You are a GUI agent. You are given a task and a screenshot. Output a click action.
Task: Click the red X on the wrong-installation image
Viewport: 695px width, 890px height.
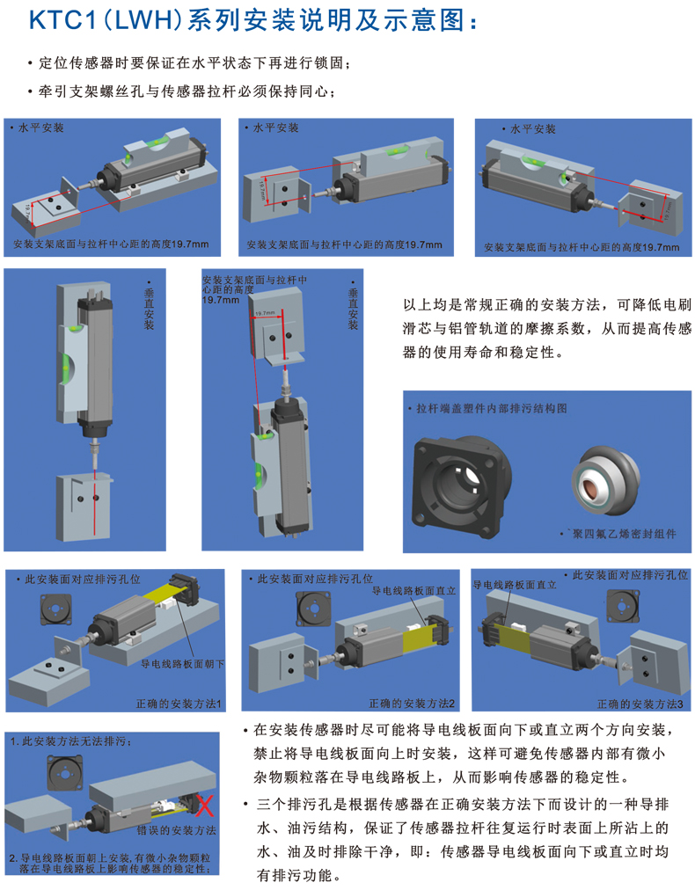(x=204, y=806)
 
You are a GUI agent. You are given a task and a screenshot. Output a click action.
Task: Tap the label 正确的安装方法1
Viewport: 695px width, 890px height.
(x=179, y=704)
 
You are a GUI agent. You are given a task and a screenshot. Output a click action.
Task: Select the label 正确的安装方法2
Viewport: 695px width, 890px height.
(x=412, y=704)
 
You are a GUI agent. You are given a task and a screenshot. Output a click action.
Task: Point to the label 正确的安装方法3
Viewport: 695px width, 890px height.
(x=640, y=704)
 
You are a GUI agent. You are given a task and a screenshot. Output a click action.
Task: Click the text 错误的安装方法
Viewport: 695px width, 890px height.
(x=177, y=830)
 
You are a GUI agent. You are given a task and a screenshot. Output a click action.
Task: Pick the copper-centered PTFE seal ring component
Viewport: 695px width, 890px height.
(x=606, y=481)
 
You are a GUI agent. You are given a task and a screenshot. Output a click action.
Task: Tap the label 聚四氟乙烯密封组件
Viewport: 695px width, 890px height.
(x=624, y=534)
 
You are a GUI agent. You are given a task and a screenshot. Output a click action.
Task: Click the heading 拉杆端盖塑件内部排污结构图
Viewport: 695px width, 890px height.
(x=492, y=408)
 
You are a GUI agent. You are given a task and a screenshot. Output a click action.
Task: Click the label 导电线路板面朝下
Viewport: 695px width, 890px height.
(x=182, y=663)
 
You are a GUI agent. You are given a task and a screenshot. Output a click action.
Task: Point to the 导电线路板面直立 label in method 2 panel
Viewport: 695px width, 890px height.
(x=414, y=591)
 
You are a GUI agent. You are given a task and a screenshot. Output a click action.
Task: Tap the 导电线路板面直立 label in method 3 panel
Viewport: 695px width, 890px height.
(x=515, y=585)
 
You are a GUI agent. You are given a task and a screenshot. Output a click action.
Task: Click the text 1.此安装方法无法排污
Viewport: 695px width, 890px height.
(x=71, y=742)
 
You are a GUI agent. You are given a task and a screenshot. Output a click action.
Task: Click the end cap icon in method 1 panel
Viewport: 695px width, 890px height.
(x=55, y=610)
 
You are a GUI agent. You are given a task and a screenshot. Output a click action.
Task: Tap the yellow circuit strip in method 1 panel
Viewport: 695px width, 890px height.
(x=164, y=595)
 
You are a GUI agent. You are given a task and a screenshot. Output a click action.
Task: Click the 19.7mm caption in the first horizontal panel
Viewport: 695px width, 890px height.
(x=112, y=244)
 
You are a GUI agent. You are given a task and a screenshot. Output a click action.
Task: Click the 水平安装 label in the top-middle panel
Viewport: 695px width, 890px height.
(x=276, y=128)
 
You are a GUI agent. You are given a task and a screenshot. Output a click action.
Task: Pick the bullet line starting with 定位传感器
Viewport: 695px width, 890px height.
(x=190, y=63)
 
